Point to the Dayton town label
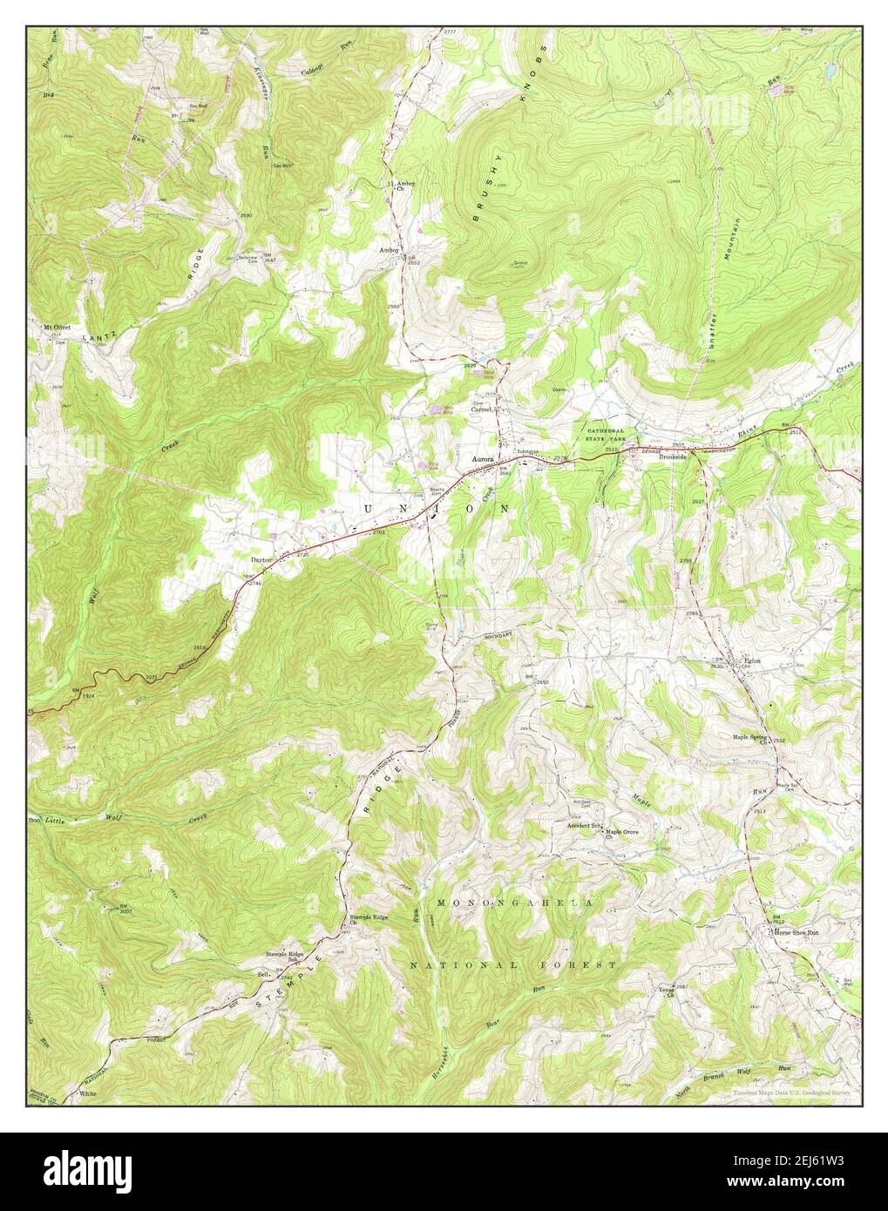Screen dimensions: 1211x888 (262, 560)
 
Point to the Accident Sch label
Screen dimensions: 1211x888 (585, 824)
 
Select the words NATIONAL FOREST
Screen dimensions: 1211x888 (513, 965)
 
